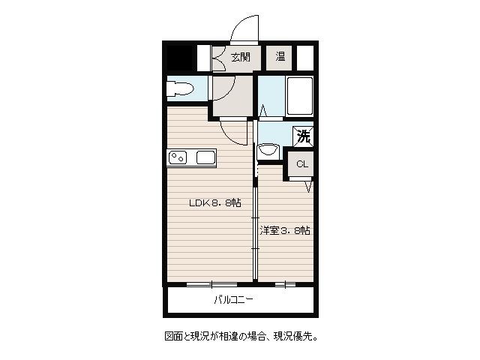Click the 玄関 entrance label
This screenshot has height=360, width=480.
coord(241,57)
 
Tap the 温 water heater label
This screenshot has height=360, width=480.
coord(280,57)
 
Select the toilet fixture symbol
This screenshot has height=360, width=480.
coord(180,88)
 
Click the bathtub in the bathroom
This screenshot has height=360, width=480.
coord(299,95)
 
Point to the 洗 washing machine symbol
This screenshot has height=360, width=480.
coord(303,136)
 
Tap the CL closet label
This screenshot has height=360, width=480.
coord(301,164)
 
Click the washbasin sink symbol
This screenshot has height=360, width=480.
coord(268,150)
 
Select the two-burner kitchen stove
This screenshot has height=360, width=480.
coord(178,158)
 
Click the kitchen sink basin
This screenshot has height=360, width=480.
coord(205,158)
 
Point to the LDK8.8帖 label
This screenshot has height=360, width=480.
coord(215,202)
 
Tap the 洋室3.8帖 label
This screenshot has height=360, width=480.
coord(285,230)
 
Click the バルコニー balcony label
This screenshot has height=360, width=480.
coord(233,300)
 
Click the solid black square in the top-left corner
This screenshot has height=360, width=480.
coord(179,58)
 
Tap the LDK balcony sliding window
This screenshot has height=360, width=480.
coord(211,285)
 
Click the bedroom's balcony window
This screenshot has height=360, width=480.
coord(285,285)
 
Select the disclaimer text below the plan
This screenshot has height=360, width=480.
coord(241,337)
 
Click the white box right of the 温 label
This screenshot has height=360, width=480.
coord(305,58)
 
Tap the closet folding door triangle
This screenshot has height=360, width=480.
coord(308,187)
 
